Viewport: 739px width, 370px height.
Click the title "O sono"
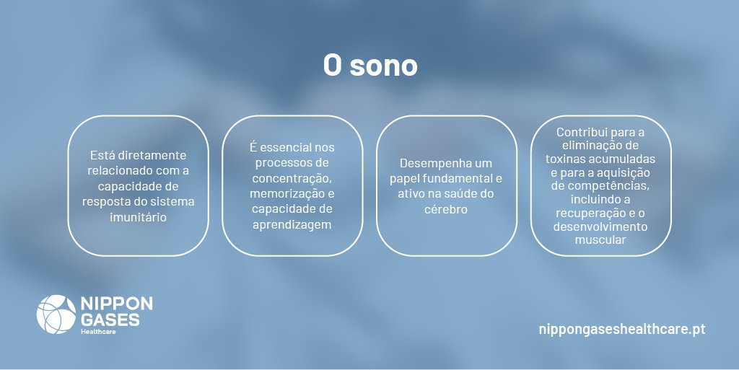[369, 66]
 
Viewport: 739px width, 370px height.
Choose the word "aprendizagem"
[291, 225]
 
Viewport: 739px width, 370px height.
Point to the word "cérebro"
[447, 209]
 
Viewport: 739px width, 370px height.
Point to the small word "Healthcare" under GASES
[98, 332]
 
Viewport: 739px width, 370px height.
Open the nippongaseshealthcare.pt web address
[621, 329]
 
